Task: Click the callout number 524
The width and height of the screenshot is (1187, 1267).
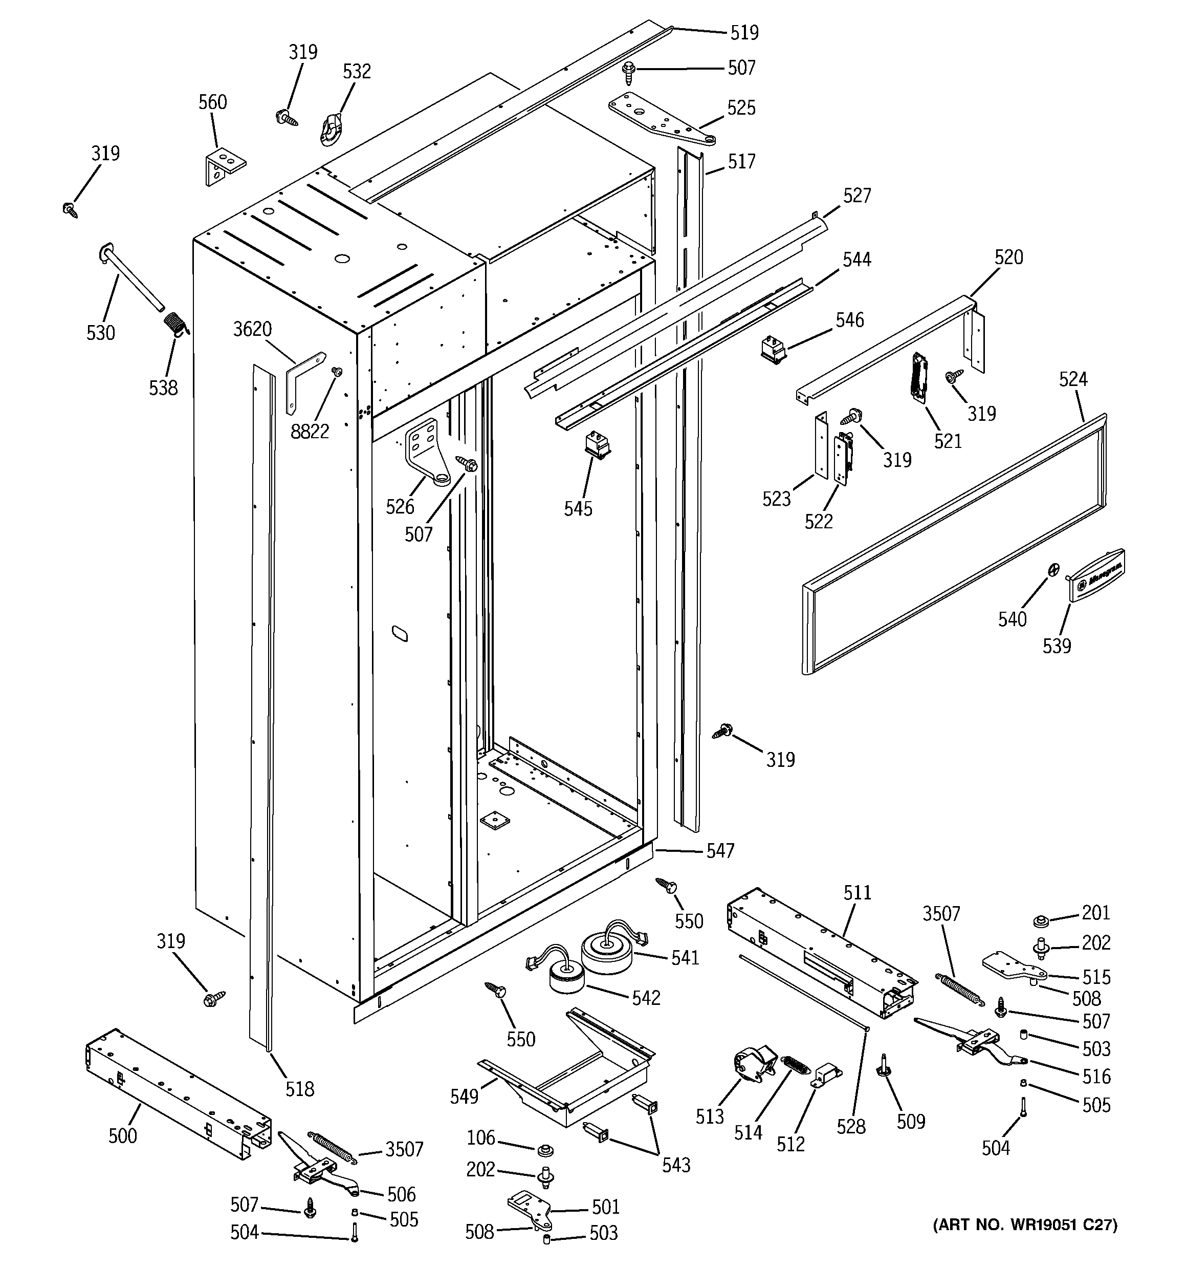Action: [x=1073, y=379]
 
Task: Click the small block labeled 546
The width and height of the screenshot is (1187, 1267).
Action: [x=773, y=351]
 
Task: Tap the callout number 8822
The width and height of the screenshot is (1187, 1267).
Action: [x=310, y=432]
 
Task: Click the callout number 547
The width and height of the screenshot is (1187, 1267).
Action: [x=720, y=850]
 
